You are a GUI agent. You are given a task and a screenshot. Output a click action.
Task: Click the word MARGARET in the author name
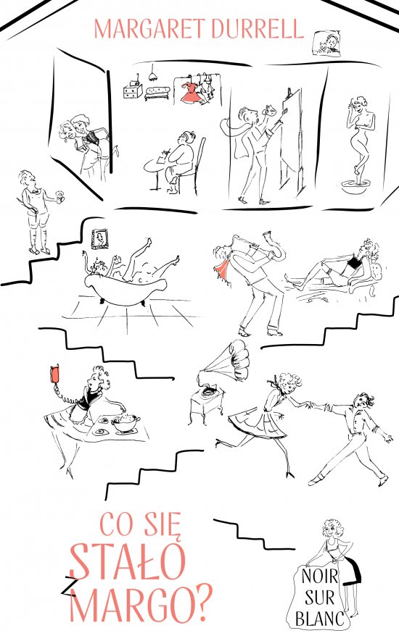(x=149, y=30)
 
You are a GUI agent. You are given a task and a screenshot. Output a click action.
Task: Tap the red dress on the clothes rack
(x=191, y=93)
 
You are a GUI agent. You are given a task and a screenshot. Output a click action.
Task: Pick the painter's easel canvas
(x=292, y=137)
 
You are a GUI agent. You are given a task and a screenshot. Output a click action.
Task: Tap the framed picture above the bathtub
(x=101, y=239)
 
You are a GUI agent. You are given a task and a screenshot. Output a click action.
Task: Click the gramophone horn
(x=228, y=361)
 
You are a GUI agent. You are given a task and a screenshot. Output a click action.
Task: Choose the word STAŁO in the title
(x=128, y=561)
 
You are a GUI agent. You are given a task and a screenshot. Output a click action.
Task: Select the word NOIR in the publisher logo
(x=320, y=577)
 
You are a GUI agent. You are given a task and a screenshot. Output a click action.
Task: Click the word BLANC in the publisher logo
(x=320, y=619)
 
